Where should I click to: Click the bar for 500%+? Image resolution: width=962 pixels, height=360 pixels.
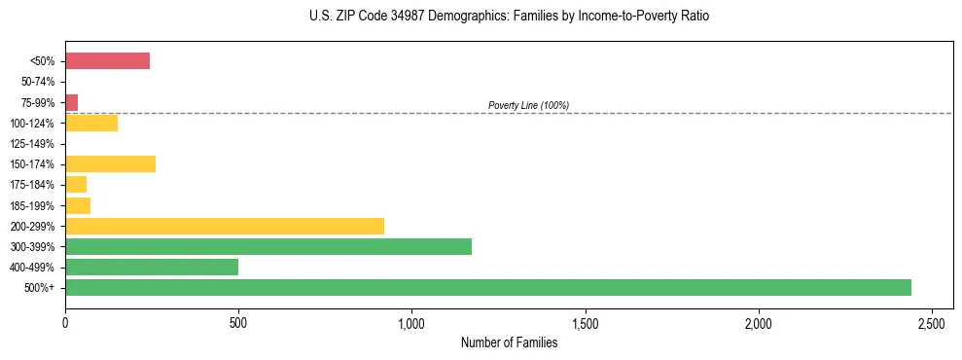click(487, 287)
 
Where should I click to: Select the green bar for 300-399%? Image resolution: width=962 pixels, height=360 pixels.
click(267, 246)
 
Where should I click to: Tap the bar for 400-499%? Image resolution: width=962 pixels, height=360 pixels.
click(151, 267)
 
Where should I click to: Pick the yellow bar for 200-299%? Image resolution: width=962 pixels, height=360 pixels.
click(224, 226)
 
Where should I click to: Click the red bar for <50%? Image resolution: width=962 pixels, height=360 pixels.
click(107, 61)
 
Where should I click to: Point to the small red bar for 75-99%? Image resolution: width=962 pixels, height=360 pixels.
click(71, 102)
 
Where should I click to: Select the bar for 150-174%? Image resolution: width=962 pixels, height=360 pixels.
click(110, 163)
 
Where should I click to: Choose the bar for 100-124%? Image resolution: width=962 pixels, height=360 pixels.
click(90, 123)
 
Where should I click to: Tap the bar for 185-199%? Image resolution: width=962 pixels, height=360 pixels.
click(77, 205)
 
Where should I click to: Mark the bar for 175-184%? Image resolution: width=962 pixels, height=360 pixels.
click(75, 184)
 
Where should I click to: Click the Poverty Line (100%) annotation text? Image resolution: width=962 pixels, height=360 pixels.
click(528, 105)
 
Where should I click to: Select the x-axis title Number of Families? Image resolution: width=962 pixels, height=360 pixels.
click(509, 342)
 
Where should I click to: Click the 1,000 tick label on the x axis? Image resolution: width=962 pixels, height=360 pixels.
click(411, 322)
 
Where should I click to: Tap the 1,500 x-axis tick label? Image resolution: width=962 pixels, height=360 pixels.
click(585, 322)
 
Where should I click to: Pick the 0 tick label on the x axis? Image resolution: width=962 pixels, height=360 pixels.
click(65, 322)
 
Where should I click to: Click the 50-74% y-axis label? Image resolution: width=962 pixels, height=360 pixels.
click(38, 82)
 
